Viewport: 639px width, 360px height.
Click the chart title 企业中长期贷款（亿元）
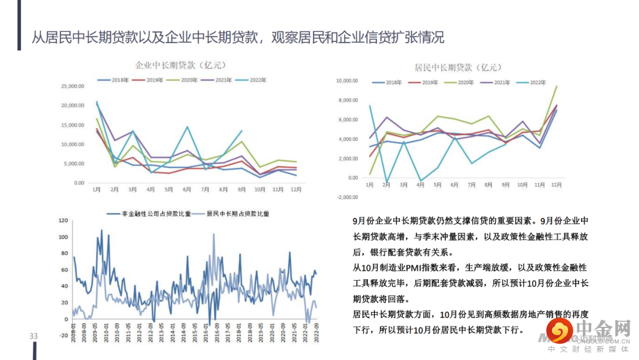pyautogui.click(x=181, y=65)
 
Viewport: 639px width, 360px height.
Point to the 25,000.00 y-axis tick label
pyautogui.click(x=73, y=86)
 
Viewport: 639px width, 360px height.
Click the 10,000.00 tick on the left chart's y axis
pyautogui.click(x=73, y=144)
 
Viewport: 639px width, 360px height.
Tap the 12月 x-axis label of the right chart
pyautogui.click(x=556, y=185)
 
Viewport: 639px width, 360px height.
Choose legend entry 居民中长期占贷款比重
pyautogui.click(x=233, y=213)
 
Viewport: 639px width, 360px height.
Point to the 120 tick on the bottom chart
pyautogui.click(x=63, y=221)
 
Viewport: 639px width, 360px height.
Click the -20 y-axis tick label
pyautogui.click(x=63, y=336)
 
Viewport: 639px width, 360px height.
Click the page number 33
pyautogui.click(x=34, y=336)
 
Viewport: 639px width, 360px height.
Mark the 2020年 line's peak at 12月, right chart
pyautogui.click(x=556, y=86)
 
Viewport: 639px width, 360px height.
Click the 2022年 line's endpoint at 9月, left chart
pyautogui.click(x=242, y=131)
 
